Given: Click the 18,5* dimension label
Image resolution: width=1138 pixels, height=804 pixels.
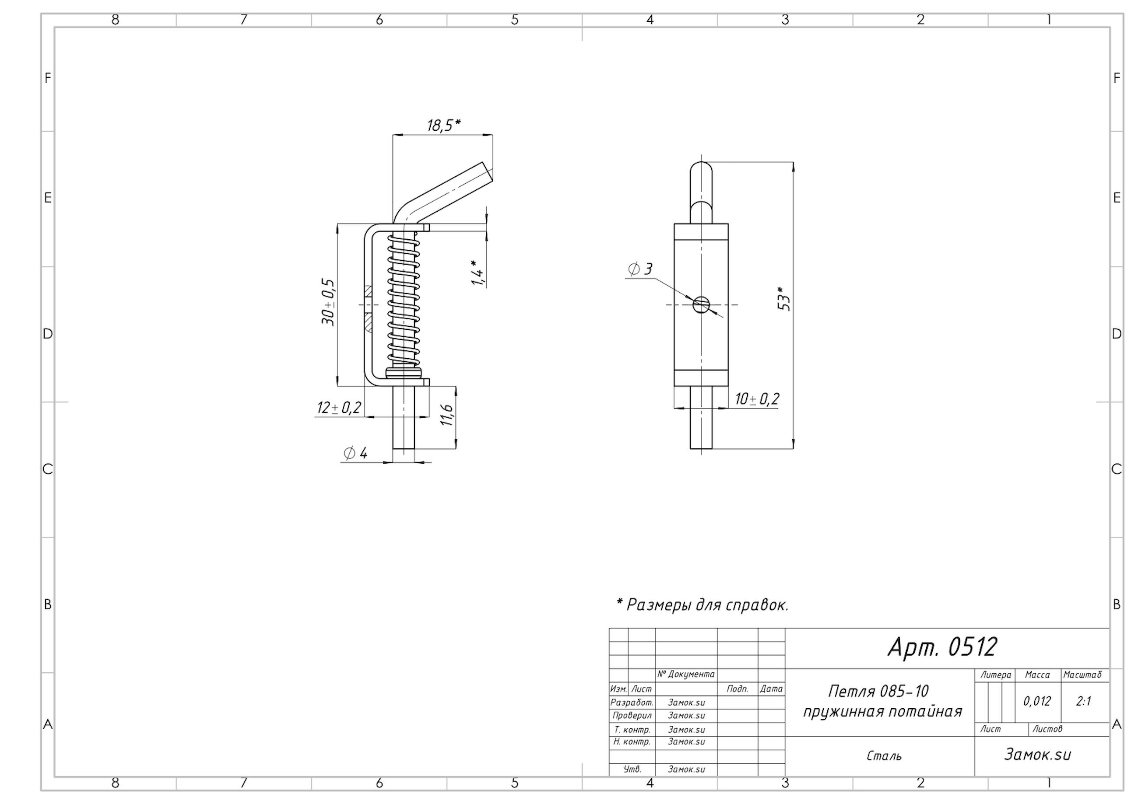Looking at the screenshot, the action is tap(444, 126).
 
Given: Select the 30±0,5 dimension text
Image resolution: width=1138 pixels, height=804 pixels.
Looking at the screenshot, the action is tap(328, 302).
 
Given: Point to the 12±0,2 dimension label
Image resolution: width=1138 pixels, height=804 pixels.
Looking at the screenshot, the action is tap(339, 408).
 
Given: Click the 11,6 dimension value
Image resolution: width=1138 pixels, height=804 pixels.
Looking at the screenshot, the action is tap(446, 415).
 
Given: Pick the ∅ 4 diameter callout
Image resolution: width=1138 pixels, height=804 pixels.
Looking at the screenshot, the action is tap(355, 453).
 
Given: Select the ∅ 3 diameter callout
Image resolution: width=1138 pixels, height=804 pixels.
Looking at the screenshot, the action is tap(640, 269).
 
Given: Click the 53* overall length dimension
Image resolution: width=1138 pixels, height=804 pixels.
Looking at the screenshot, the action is tap(783, 299).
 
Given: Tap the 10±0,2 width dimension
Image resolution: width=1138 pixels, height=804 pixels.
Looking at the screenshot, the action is tap(757, 399).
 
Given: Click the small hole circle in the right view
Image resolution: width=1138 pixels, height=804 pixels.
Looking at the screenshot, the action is tap(701, 304).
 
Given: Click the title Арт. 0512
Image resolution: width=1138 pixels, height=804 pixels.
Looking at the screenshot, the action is tap(942, 647).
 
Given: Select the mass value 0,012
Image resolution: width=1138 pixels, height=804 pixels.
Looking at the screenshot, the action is tap(1037, 702).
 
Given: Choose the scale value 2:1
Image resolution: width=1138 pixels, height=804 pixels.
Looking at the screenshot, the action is tap(1083, 702).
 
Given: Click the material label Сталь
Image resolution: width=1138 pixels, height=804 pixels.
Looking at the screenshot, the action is tap(884, 756).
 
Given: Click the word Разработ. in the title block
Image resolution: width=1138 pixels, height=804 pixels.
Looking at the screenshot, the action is tap(632, 703).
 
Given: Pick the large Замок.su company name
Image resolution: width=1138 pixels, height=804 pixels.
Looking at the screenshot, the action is tap(1037, 755).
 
